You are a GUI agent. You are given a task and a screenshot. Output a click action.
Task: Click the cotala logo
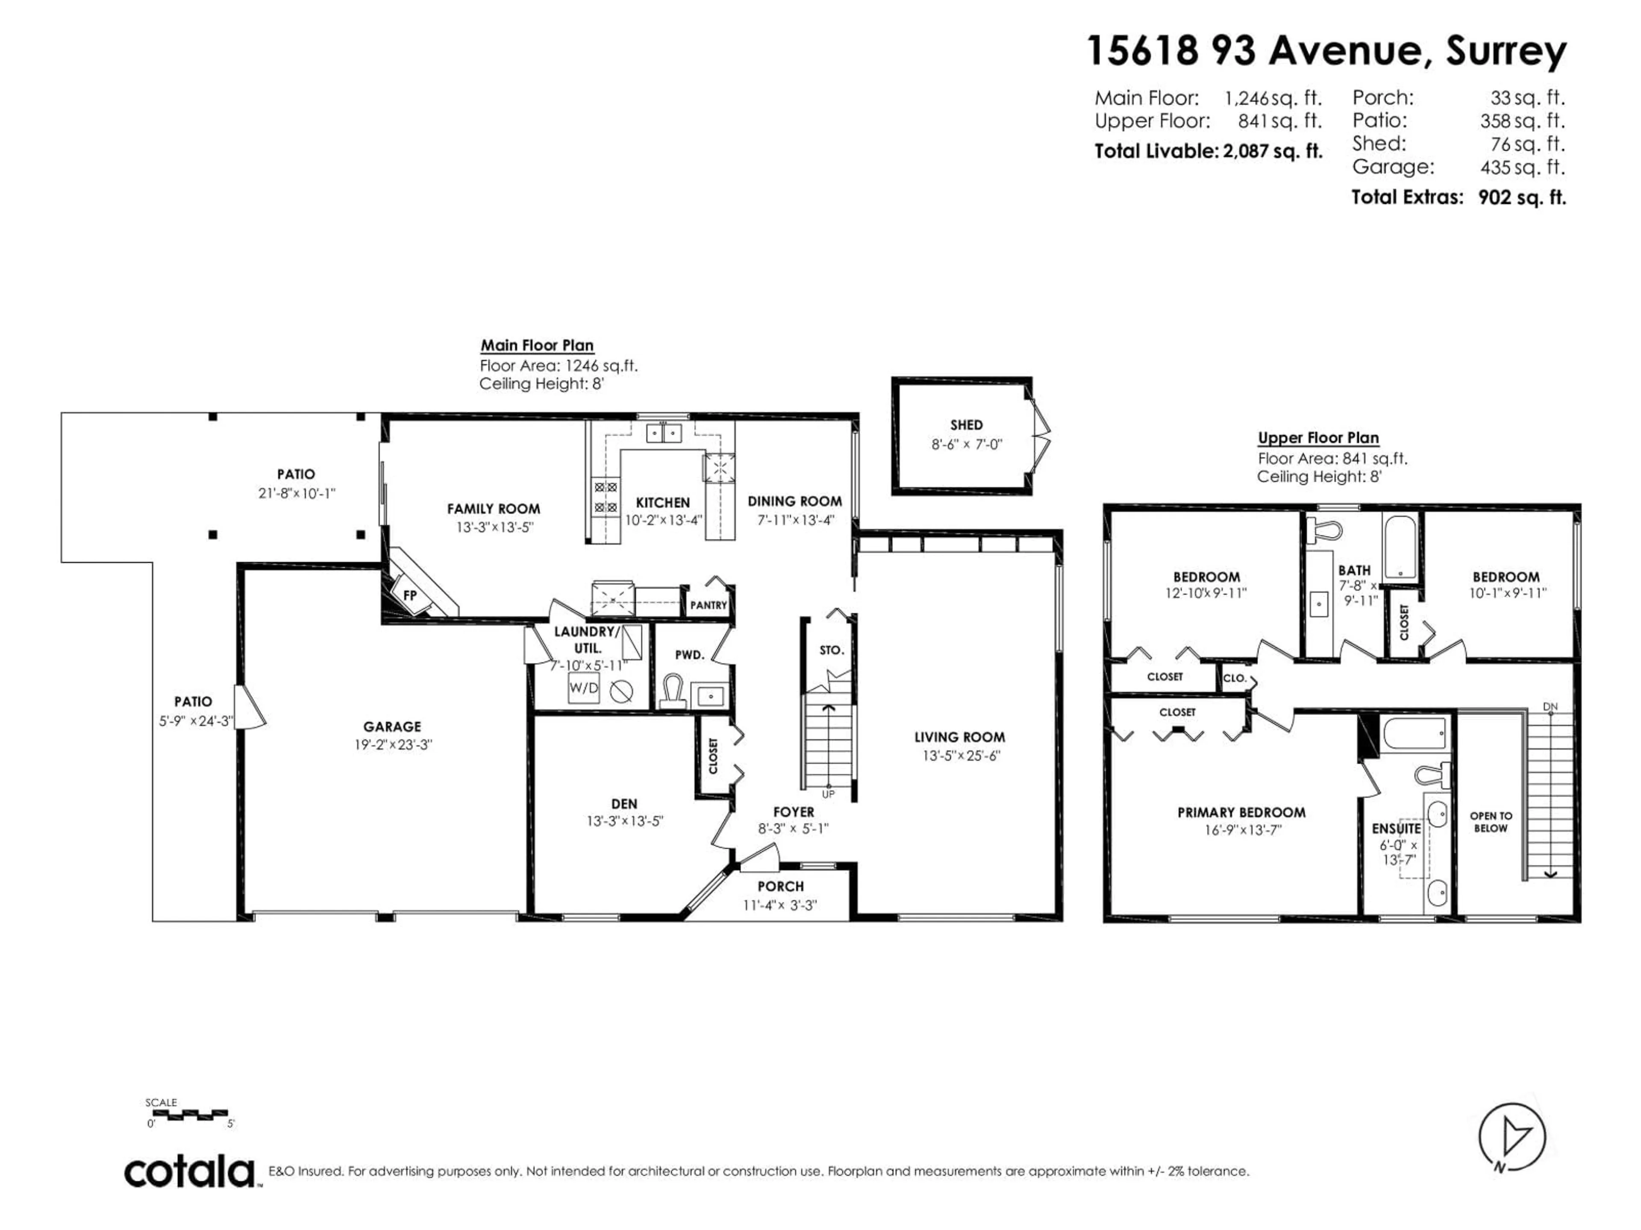click(x=190, y=1172)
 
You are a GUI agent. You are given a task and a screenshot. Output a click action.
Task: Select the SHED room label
click(x=966, y=425)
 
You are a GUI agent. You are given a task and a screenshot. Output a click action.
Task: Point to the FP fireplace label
click(x=409, y=595)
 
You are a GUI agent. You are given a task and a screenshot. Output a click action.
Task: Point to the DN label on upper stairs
click(x=1550, y=706)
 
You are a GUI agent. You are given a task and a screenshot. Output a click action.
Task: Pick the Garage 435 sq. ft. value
click(x=1522, y=167)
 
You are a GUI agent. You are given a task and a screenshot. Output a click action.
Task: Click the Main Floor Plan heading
click(x=537, y=346)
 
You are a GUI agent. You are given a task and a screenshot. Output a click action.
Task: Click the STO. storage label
click(x=832, y=650)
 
